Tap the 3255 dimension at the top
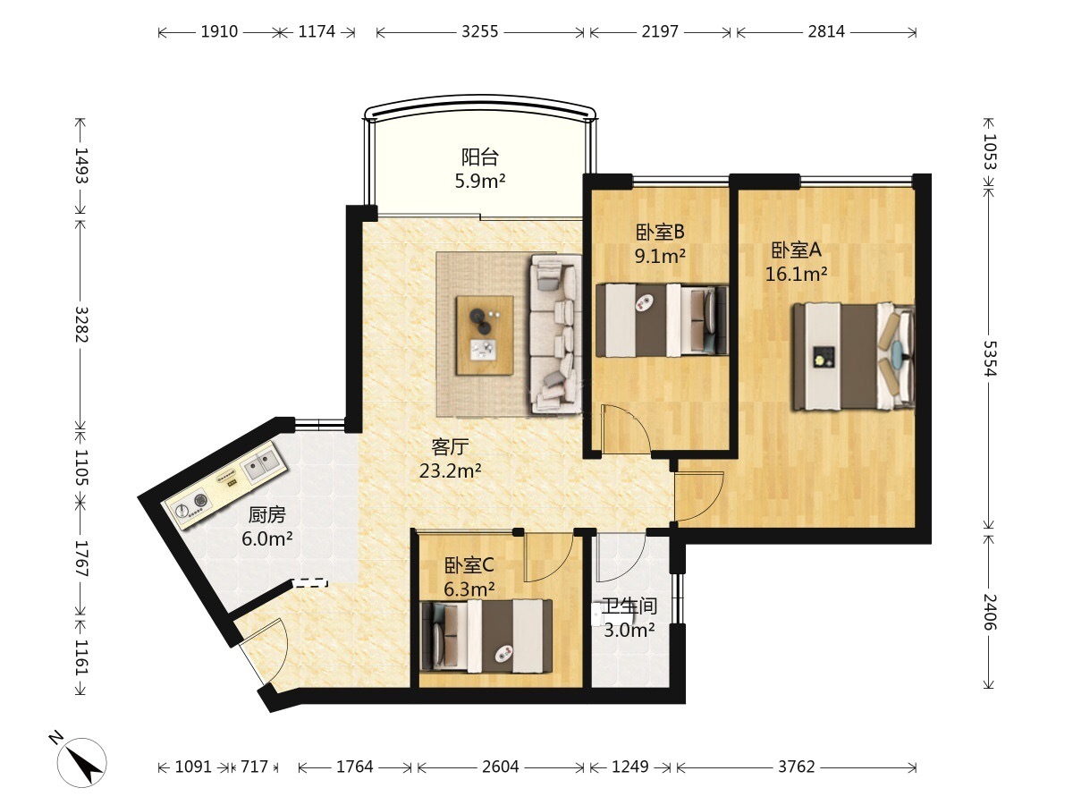(479, 32)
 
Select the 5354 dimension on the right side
(988, 359)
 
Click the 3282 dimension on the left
(81, 324)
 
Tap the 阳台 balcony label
(479, 157)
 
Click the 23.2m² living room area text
(451, 470)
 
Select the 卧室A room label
(796, 250)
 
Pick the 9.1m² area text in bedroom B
(660, 255)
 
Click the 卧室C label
(469, 565)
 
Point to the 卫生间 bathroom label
(629, 606)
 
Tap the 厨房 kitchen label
(266, 514)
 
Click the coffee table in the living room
(485, 335)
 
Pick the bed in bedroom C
(487, 636)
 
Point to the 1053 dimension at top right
(988, 151)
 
